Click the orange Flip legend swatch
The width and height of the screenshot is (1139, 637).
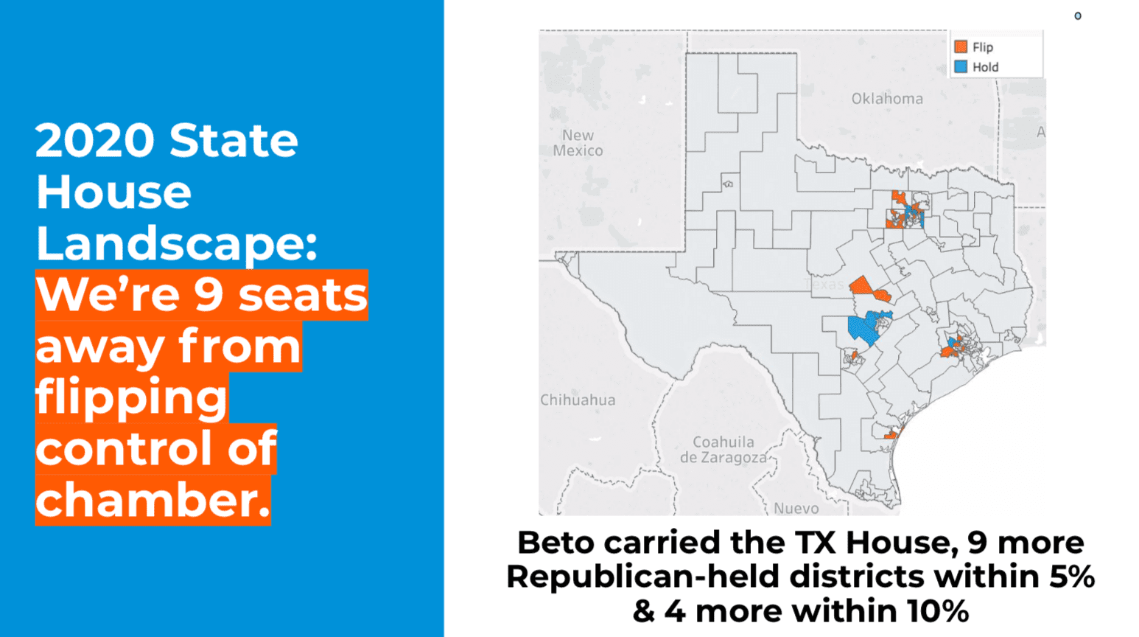pyautogui.click(x=961, y=46)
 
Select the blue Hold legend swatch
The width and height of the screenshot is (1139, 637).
pyautogui.click(x=961, y=66)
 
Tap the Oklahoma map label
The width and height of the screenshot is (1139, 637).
pyautogui.click(x=887, y=99)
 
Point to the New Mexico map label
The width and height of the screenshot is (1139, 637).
pyautogui.click(x=578, y=143)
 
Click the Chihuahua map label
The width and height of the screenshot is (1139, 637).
pyautogui.click(x=578, y=400)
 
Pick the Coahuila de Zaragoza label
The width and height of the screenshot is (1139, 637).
pyautogui.click(x=723, y=450)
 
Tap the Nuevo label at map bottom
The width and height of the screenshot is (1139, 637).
pyautogui.click(x=796, y=508)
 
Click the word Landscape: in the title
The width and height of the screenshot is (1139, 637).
pyautogui.click(x=176, y=243)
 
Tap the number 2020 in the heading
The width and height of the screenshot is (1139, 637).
pyautogui.click(x=94, y=140)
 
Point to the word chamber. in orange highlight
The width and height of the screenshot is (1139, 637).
pyautogui.click(x=153, y=500)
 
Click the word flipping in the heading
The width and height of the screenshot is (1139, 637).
pyautogui.click(x=131, y=398)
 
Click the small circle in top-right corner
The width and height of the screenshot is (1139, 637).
pyautogui.click(x=1077, y=16)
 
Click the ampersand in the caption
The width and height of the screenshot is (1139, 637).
pyautogui.click(x=643, y=611)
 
